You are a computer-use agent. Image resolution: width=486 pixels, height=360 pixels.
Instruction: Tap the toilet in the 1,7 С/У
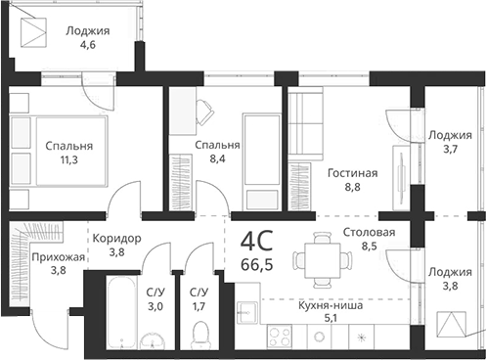click(x=200, y=336)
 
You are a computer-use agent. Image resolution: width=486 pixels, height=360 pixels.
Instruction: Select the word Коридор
click(x=116, y=238)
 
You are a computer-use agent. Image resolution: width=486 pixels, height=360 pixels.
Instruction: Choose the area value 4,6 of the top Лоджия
click(x=87, y=44)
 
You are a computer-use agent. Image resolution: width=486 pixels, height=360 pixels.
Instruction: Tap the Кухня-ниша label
click(x=331, y=304)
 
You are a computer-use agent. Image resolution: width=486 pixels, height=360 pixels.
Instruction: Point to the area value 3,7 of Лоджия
click(x=450, y=150)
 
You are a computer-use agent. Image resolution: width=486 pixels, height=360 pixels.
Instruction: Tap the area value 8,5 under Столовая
click(x=369, y=247)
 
